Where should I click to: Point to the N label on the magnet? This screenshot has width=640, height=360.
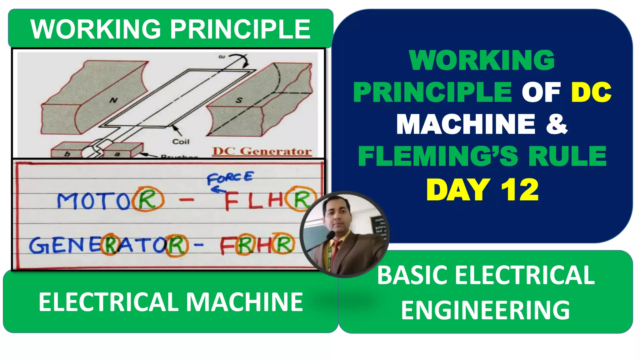(x=113, y=100)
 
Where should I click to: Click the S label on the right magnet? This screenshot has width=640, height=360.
(x=239, y=100)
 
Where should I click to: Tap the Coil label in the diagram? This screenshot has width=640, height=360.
(x=181, y=142)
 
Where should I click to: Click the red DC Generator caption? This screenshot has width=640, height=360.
(x=262, y=151)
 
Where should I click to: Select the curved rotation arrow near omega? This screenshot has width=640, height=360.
(x=241, y=60)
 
